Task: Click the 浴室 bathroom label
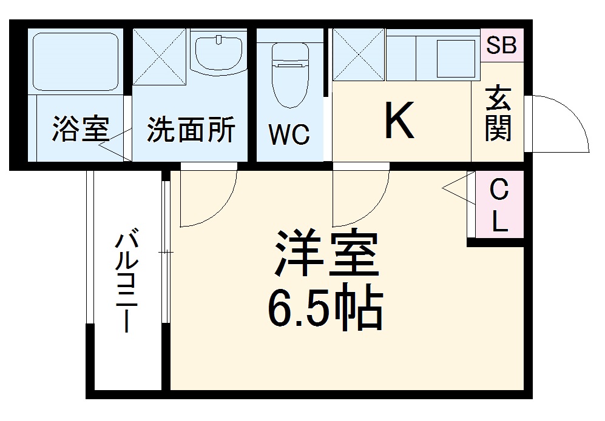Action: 80,130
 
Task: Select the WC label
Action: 289,135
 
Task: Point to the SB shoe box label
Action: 501,45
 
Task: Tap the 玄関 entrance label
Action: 498,114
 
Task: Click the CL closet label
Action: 499,206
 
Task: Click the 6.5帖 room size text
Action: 326,310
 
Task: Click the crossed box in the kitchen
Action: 359,55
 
